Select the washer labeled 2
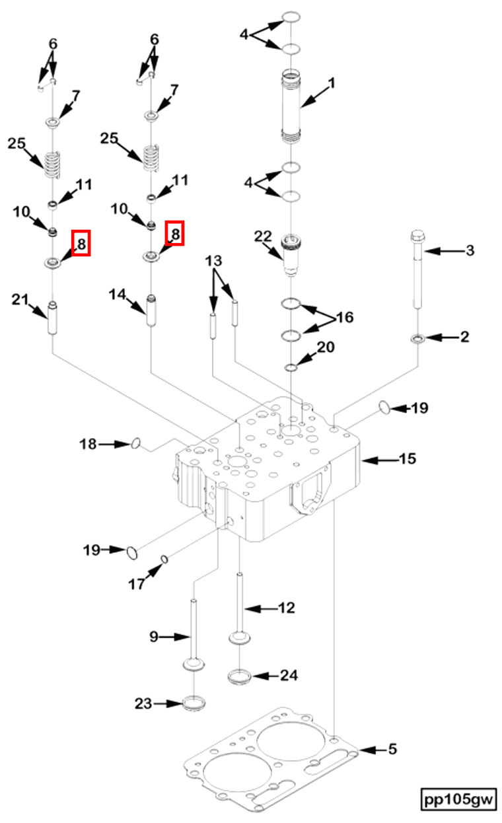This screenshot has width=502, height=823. click(417, 339)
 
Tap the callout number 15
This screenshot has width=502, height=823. click(408, 458)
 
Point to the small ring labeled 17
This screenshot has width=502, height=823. click(164, 560)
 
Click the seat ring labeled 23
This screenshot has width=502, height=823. click(193, 704)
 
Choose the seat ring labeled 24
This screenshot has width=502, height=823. click(238, 676)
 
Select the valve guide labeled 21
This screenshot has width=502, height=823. click(53, 318)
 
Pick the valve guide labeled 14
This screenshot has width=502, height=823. click(151, 309)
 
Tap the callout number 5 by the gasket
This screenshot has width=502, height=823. click(392, 750)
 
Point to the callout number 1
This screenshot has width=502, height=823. click(332, 84)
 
